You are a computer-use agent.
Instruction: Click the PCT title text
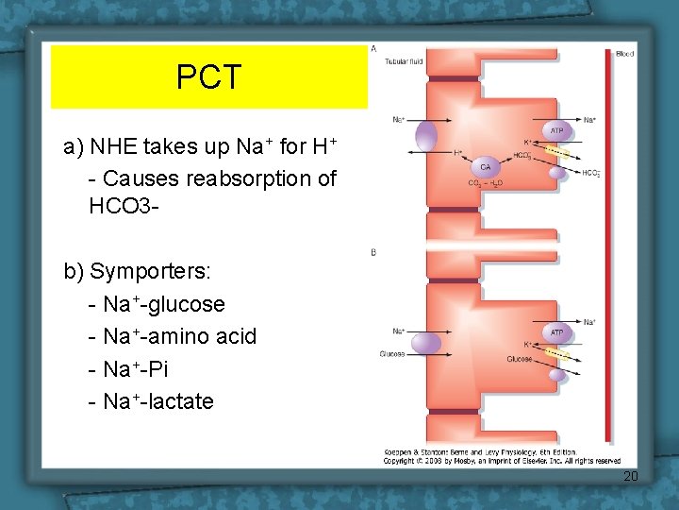pyautogui.click(x=208, y=76)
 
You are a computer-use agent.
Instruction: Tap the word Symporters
pyautogui.click(x=150, y=272)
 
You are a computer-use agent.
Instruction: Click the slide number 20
pyautogui.click(x=630, y=477)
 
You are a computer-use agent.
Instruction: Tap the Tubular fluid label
pyautogui.click(x=404, y=62)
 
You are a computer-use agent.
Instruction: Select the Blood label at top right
pyautogui.click(x=624, y=54)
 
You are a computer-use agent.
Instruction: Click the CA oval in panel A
pyautogui.click(x=485, y=165)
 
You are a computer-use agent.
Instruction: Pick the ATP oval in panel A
pyautogui.click(x=557, y=131)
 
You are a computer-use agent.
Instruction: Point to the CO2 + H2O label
pyautogui.click(x=486, y=184)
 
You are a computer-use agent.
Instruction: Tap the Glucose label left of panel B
pyautogui.click(x=392, y=354)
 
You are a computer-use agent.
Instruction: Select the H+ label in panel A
pyautogui.click(x=458, y=152)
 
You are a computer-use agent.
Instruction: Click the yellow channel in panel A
pyautogui.click(x=558, y=152)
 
